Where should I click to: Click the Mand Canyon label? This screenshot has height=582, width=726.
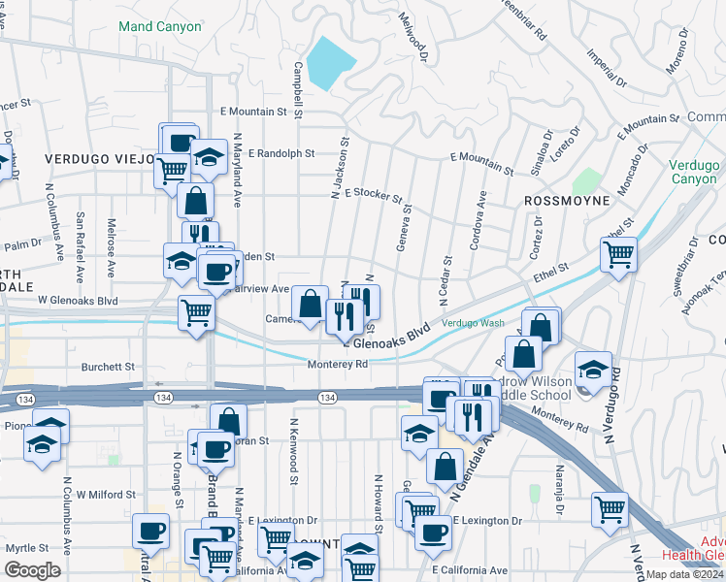(160, 26)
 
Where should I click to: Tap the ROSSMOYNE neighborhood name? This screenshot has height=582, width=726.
(567, 200)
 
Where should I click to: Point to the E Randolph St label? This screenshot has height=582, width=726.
(281, 153)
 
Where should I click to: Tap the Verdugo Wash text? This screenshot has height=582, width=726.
(473, 322)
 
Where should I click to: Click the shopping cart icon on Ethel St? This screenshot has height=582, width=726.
(617, 255)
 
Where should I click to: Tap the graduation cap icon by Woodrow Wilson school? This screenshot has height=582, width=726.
(593, 370)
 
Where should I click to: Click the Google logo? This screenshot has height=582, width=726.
(32, 569)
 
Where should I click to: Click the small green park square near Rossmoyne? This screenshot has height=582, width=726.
(585, 181)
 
